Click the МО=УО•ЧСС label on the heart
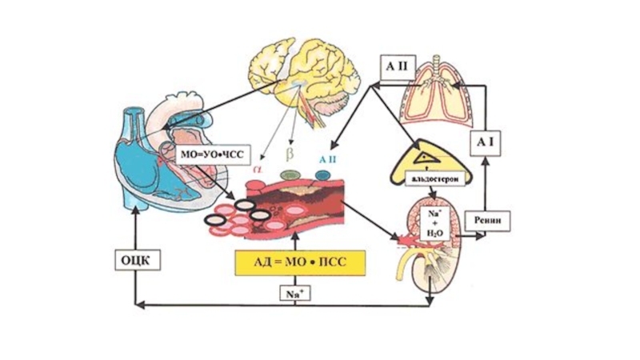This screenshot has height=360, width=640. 211,153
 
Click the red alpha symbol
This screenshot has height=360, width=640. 258,169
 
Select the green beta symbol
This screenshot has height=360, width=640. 290,151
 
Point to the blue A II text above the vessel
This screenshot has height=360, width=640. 328,159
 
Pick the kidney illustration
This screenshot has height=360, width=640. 428,248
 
